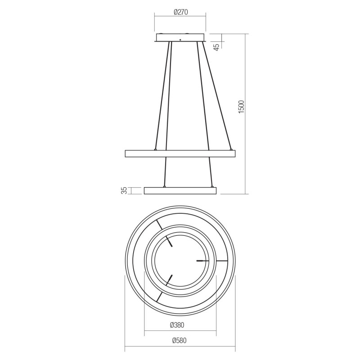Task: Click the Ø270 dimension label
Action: [x=181, y=12]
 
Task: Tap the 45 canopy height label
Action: [x=216, y=46]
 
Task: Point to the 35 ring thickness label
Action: [x=124, y=190]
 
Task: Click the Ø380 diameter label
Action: [x=177, y=325]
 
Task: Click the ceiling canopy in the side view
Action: [x=180, y=38]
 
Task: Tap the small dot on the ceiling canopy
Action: [x=180, y=40]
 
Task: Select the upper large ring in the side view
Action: [x=180, y=153]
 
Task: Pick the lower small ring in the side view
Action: [x=180, y=190]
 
